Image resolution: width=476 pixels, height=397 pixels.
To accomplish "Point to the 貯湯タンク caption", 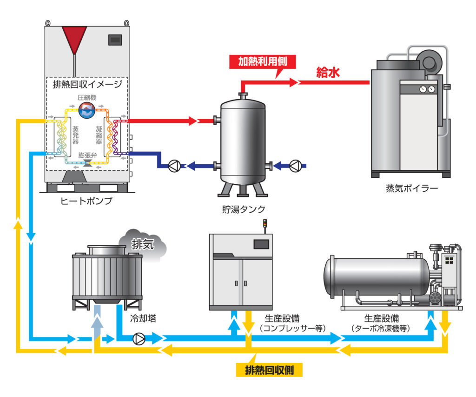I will click(x=242, y=209).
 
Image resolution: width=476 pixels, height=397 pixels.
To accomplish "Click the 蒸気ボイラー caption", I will click(x=412, y=189).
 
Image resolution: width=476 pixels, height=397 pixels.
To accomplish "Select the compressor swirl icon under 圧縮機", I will click(x=86, y=110).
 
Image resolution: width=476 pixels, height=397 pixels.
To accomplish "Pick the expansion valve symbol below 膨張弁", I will click(x=86, y=162).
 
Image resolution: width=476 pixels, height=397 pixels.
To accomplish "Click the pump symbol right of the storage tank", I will click(x=295, y=165).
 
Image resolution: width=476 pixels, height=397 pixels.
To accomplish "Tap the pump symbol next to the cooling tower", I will click(x=139, y=339).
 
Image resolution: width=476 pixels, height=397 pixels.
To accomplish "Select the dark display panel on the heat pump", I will click(x=115, y=40).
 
